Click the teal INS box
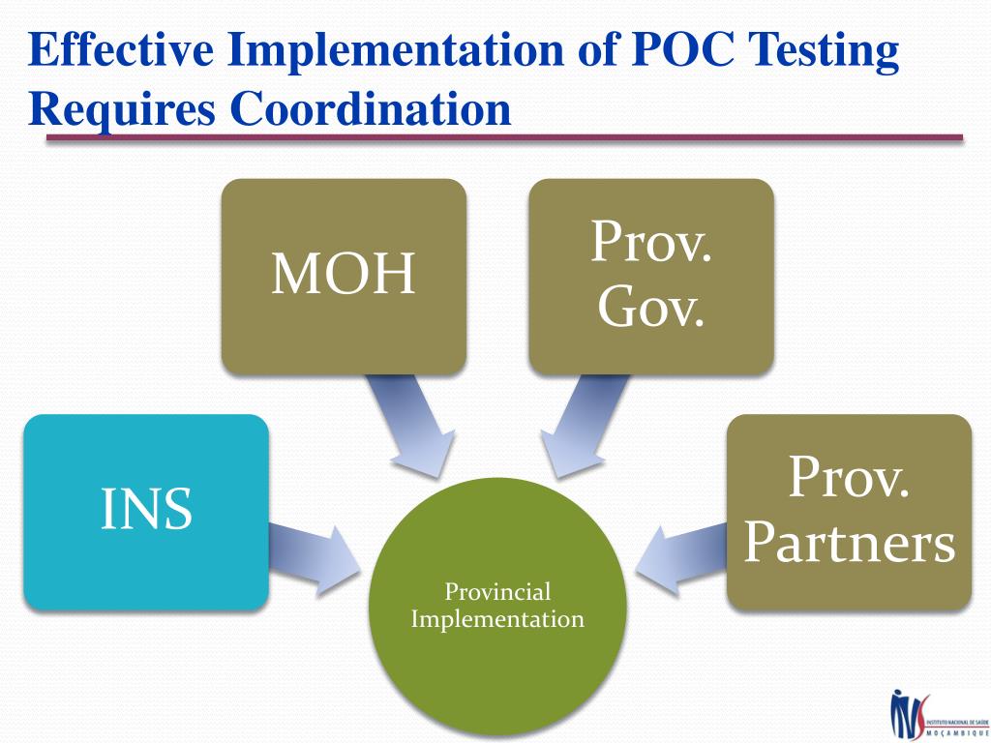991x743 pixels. click(145, 512)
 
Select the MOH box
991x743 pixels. click(344, 276)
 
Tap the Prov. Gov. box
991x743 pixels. click(650, 276)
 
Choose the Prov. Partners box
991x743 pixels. click(849, 512)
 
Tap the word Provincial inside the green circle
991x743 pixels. click(497, 592)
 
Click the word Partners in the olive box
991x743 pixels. click(849, 543)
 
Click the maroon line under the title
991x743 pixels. click(504, 138)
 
